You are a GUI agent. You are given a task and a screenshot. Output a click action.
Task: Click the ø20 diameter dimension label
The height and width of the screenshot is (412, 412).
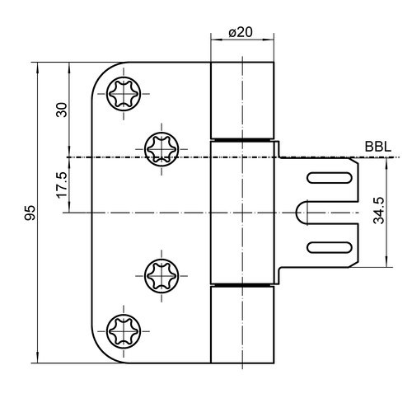[241, 32]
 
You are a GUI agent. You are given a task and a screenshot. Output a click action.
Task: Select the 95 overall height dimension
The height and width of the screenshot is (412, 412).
[30, 213]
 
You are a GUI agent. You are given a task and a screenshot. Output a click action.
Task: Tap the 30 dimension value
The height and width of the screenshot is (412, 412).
[62, 110]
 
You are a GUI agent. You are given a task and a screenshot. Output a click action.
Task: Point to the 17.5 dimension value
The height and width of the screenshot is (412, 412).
[62, 185]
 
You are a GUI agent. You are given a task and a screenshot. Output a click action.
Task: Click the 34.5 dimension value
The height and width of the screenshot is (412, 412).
[379, 210]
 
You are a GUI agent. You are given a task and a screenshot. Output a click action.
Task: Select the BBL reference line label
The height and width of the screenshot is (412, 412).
[378, 147]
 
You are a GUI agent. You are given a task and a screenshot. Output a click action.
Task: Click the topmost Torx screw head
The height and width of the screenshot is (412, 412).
[124, 94]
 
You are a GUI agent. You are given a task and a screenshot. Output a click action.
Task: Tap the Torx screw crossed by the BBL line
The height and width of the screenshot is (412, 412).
[162, 149]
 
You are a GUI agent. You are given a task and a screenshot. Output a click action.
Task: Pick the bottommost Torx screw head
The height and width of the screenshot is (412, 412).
[124, 331]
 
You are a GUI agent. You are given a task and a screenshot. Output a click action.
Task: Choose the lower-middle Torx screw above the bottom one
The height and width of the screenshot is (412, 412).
[162, 276]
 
